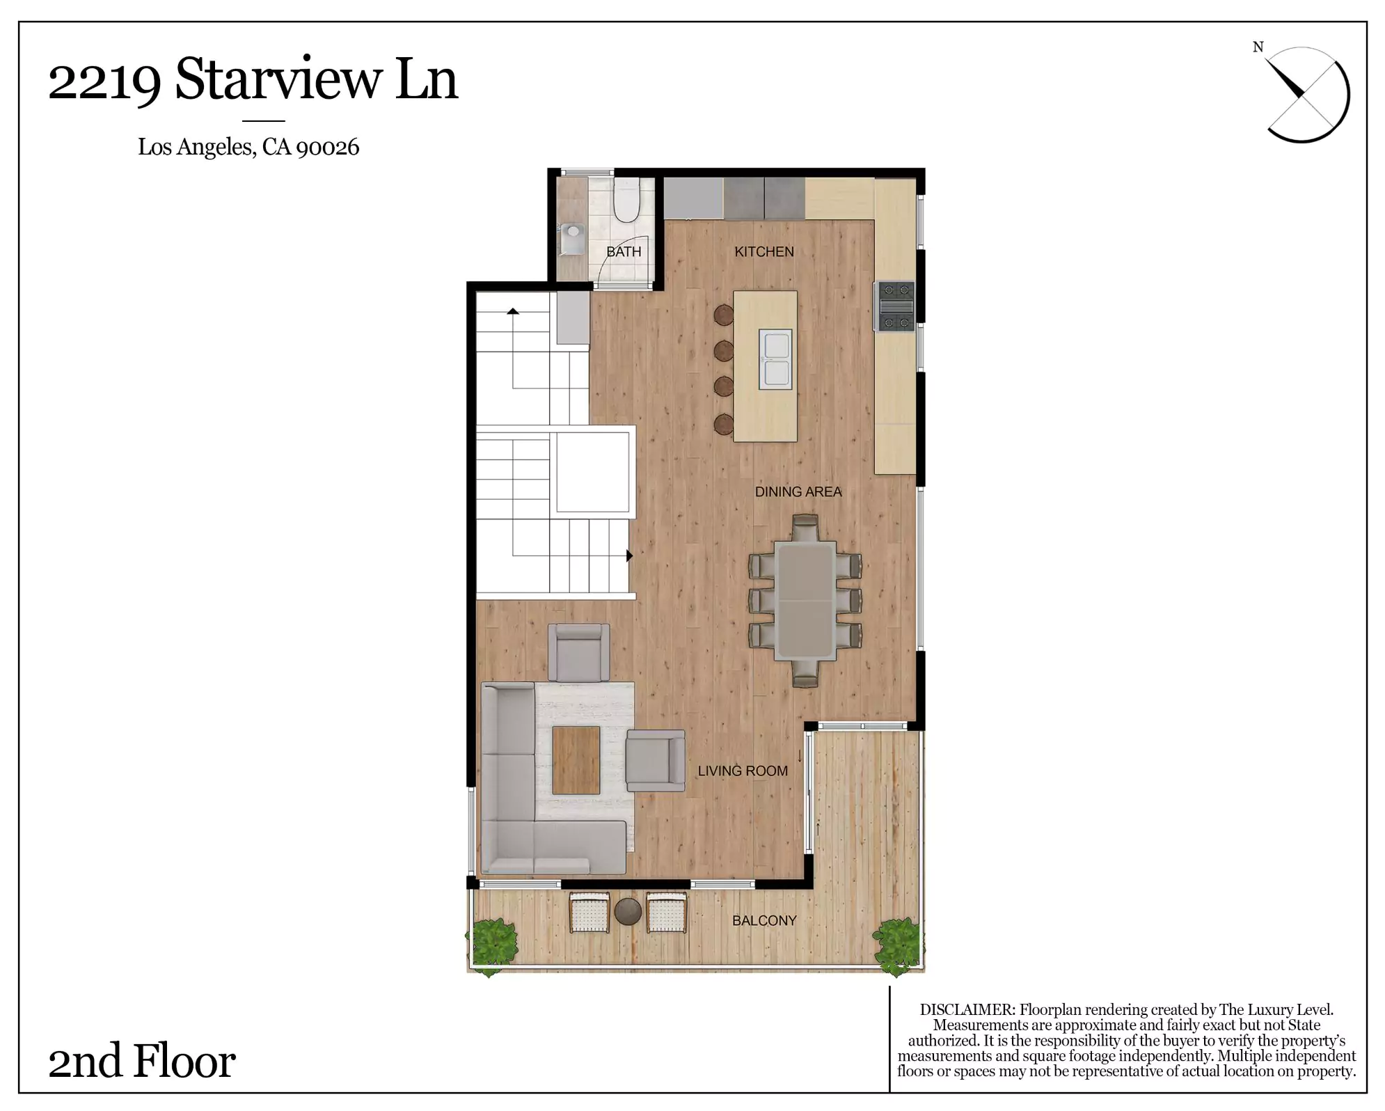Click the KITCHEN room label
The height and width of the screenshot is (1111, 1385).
point(763,251)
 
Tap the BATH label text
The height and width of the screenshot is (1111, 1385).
point(624,251)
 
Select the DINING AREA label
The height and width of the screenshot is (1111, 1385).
point(798,491)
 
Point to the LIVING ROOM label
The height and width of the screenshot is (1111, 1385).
point(743,771)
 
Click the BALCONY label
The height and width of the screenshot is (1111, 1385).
point(764,920)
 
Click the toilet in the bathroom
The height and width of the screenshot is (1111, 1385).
point(626,200)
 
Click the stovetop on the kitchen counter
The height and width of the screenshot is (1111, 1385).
point(895,306)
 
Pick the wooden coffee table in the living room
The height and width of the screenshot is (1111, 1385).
point(576,760)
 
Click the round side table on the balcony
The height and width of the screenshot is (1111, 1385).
point(628,912)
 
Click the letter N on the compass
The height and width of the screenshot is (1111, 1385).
point(1258,47)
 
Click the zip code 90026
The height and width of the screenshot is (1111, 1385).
point(327,147)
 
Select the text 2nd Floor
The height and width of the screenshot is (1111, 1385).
point(142,1062)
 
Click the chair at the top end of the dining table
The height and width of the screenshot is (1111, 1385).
point(805,528)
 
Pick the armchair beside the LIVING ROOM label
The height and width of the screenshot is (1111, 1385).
point(655,761)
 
